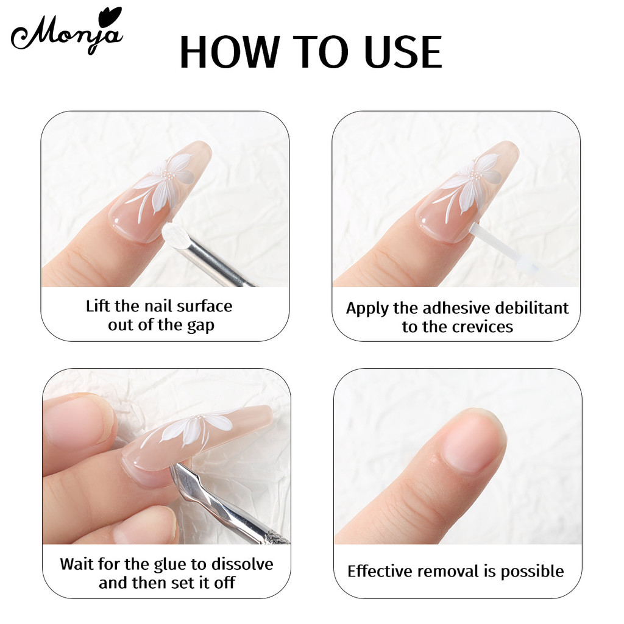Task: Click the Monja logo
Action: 67,32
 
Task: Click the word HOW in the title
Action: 230,52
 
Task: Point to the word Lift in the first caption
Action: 100,306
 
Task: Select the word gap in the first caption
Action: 200,327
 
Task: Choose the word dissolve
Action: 242,564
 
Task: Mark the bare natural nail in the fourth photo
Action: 473,442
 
